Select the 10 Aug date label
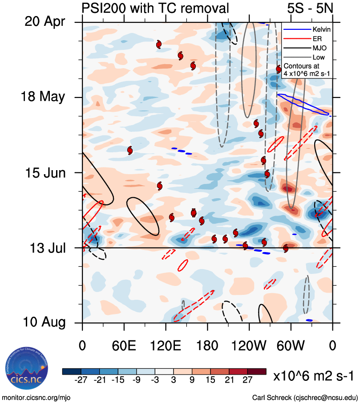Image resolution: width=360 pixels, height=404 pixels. [44, 322]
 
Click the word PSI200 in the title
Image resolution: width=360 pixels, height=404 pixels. [102, 8]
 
